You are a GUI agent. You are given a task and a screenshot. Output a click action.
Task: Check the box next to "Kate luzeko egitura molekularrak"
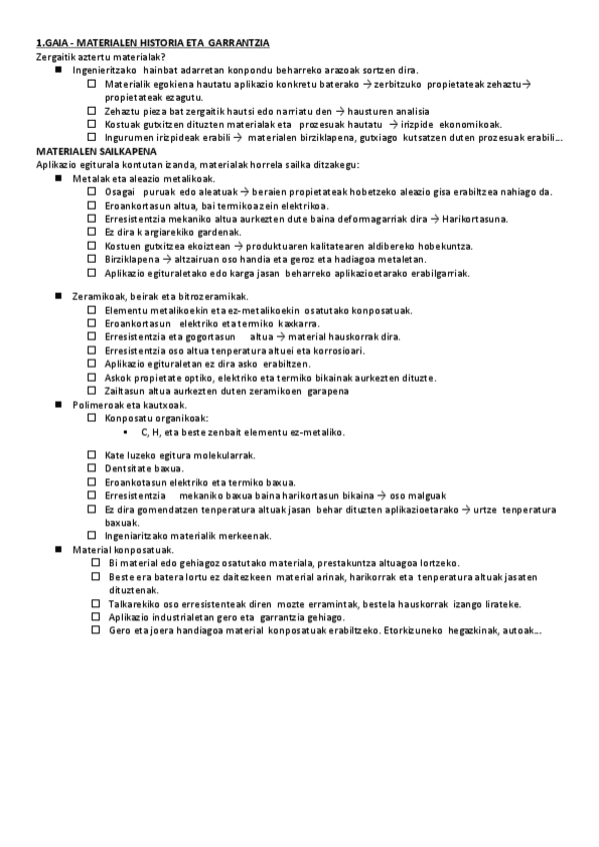(x=92, y=454)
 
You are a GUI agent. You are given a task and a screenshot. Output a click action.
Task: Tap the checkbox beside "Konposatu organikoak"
(x=92, y=419)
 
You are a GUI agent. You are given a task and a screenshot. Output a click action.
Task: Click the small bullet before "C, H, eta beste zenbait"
(x=124, y=432)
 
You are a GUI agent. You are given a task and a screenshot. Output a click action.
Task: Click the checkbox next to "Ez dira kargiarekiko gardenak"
(x=92, y=231)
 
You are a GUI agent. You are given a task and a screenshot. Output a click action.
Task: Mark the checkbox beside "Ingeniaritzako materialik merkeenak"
(x=92, y=535)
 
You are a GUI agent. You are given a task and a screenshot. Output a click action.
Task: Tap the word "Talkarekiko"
(x=136, y=603)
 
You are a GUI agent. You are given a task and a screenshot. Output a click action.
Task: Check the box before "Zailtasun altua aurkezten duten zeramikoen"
(x=92, y=391)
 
